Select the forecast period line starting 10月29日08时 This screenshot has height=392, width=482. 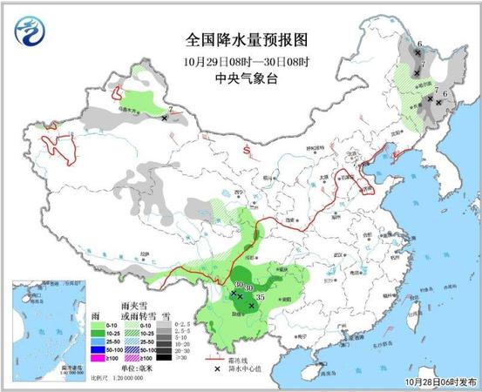(247, 62)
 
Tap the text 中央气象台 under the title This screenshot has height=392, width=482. (247, 78)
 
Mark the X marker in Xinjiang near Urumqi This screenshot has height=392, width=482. (165, 117)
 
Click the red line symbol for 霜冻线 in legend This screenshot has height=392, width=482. (212, 358)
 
